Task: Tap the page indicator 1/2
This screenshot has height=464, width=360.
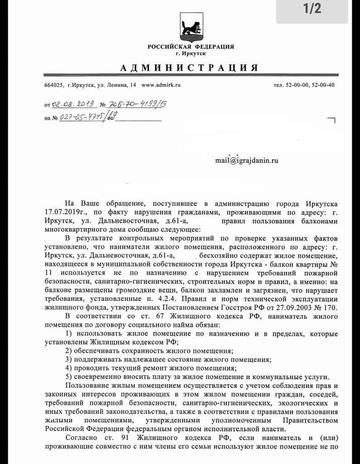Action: [312, 9]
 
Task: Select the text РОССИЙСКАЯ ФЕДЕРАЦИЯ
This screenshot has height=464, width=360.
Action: [191, 47]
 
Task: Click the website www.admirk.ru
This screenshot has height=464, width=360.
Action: [161, 85]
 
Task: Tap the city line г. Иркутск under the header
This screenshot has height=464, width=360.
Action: [191, 53]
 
